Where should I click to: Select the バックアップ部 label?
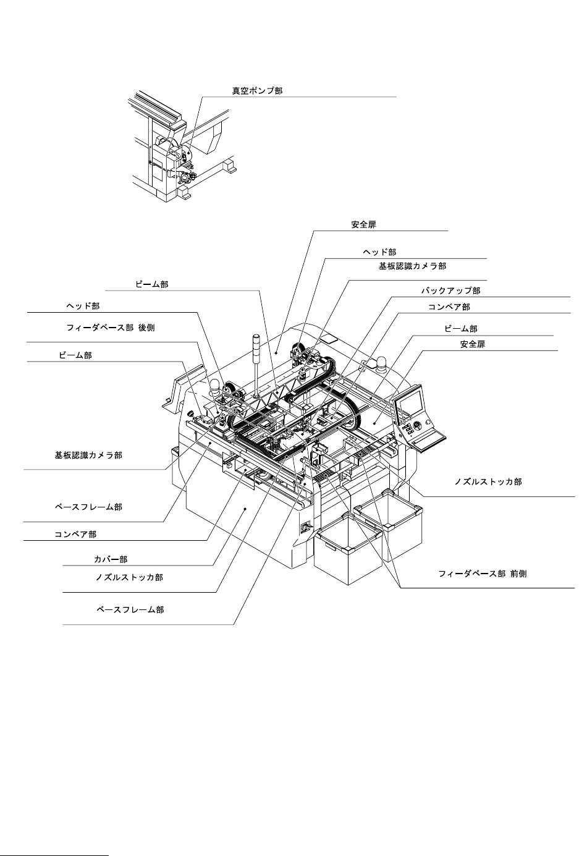450,290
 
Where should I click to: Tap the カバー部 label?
111,559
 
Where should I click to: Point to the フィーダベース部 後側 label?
110,328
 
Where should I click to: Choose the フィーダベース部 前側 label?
482,574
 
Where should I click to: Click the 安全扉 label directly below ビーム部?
473,344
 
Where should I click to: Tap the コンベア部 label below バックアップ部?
449,307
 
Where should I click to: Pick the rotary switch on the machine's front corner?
304,528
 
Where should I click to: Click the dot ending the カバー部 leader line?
246,509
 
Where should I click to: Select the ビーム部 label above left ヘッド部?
151,285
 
